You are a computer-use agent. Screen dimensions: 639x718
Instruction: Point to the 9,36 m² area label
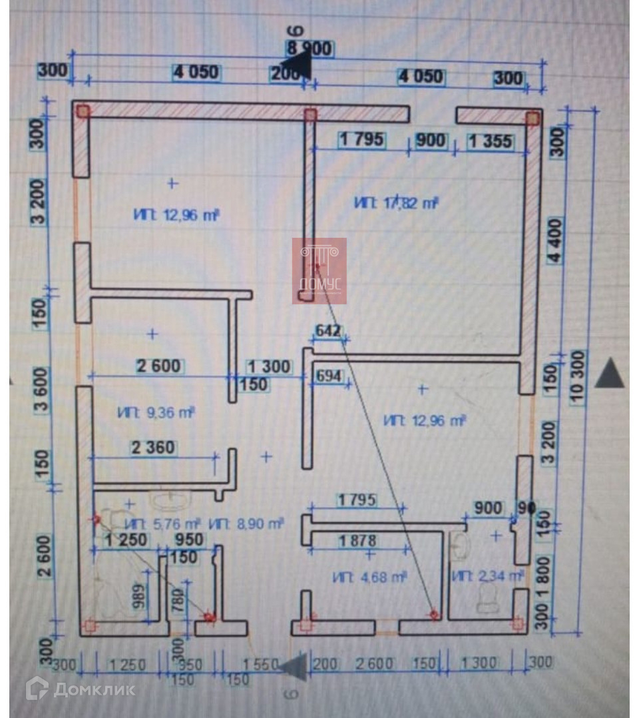[156, 413]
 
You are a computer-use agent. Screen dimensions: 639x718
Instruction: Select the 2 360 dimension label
[154, 448]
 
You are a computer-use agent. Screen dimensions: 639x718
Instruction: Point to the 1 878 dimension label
[357, 541]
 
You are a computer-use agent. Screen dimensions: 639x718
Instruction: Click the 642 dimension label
[328, 330]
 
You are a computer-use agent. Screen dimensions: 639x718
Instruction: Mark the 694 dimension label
[328, 377]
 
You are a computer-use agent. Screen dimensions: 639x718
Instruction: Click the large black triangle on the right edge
[609, 373]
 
